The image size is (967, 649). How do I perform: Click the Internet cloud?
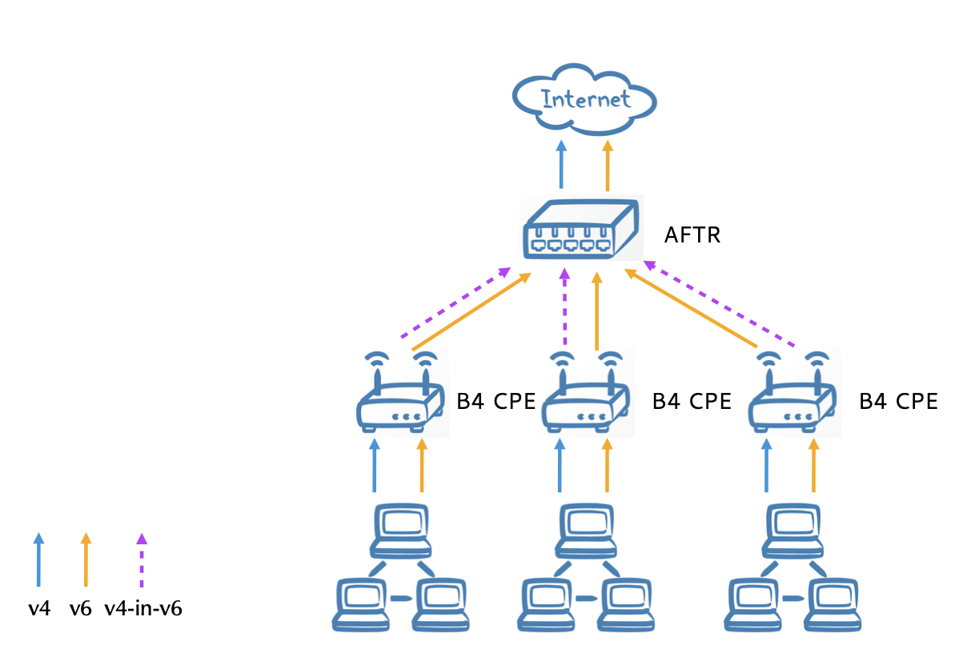coord(584,99)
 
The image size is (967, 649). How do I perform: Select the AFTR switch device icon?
coord(580,229)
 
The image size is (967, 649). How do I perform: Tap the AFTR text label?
coord(692,235)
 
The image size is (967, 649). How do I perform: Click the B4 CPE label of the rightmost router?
coord(898,402)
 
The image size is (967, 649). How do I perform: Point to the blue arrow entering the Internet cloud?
coord(561,166)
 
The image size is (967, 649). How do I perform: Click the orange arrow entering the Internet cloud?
coord(608,166)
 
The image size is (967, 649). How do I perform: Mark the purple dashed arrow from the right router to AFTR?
coord(720,303)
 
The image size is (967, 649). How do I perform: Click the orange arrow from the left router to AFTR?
coord(472,312)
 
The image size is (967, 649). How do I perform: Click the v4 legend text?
coord(39,609)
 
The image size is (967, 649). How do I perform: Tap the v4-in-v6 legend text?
coord(143,609)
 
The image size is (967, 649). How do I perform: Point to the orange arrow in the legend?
coord(86,560)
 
